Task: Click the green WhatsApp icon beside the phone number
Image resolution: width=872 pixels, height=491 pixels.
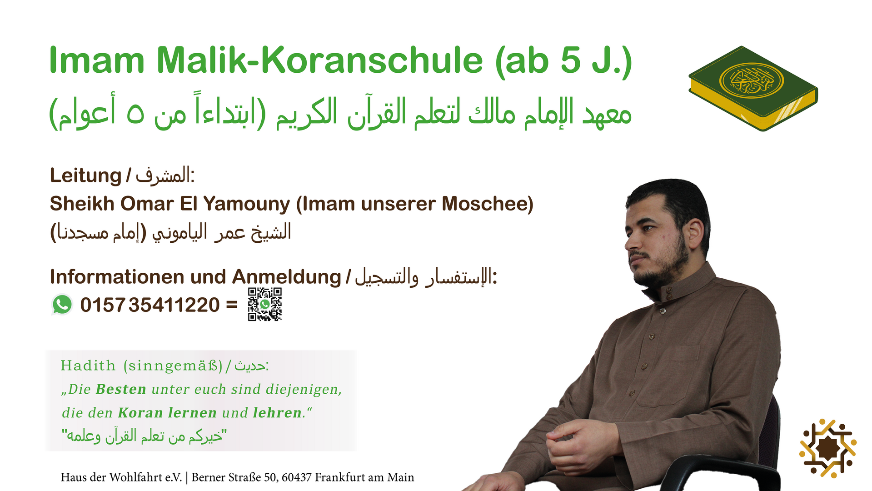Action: click(62, 305)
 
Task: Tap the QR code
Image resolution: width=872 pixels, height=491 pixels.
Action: click(265, 304)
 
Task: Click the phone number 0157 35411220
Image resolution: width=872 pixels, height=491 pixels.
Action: click(150, 305)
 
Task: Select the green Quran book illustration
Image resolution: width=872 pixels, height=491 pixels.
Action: click(753, 89)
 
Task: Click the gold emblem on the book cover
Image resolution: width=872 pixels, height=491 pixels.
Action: click(752, 80)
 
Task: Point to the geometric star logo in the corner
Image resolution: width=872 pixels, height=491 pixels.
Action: click(827, 448)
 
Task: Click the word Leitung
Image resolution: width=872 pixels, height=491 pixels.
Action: click(85, 176)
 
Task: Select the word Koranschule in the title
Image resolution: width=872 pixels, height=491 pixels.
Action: click(372, 60)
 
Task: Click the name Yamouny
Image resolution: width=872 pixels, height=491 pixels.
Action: click(246, 204)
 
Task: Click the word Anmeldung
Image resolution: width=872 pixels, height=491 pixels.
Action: click(286, 277)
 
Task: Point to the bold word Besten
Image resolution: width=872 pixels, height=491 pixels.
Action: click(121, 390)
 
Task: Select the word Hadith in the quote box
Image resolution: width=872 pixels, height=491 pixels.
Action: click(88, 366)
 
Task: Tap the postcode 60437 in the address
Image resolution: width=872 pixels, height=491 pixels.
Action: click(296, 477)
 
